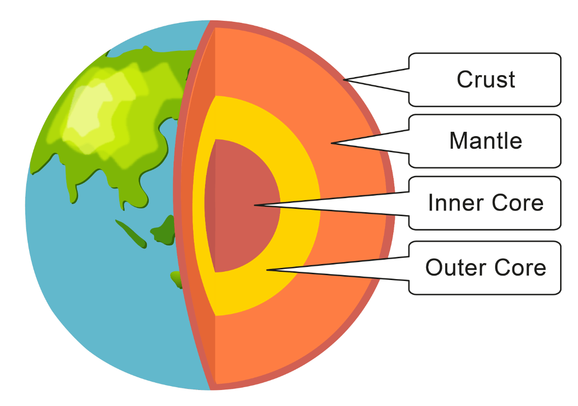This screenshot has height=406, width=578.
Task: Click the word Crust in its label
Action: (486, 79)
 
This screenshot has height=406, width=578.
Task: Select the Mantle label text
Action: (486, 141)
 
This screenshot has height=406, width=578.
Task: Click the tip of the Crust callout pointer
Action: (343, 79)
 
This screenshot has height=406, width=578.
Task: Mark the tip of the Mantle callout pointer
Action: (331, 143)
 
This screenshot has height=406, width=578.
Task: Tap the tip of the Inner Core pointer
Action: (254, 205)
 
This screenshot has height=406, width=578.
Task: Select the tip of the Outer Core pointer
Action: (267, 270)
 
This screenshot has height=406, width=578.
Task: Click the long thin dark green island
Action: (131, 234)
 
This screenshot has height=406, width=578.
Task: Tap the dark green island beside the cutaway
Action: (163, 231)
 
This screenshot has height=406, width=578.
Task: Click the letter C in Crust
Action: (465, 79)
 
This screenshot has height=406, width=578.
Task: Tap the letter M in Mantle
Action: (458, 141)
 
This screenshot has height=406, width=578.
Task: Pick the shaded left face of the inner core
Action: (210, 205)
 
